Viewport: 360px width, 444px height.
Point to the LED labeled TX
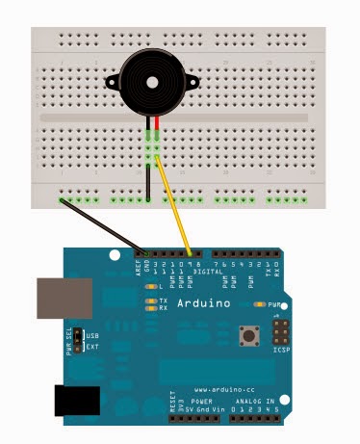150,300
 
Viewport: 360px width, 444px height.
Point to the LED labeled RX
150,309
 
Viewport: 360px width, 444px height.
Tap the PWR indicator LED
259,303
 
